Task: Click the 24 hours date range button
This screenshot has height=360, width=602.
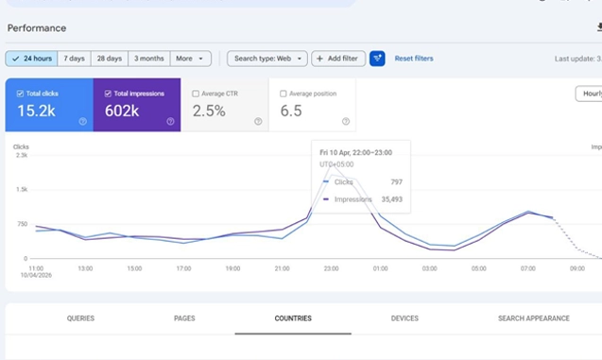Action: [31, 59]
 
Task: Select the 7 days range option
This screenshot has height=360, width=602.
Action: [74, 59]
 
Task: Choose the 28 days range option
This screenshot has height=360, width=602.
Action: [109, 59]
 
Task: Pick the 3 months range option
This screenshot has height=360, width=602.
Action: [148, 59]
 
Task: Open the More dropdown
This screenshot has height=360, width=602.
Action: [190, 59]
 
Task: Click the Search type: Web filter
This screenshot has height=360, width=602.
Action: [267, 59]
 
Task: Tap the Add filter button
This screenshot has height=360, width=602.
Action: [337, 59]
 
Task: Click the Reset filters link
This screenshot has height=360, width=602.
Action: [414, 59]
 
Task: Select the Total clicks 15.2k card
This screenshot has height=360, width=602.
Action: [49, 105]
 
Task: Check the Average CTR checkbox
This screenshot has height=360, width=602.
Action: [196, 94]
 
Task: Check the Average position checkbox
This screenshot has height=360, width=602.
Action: [284, 94]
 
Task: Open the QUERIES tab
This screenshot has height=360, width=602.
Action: [80, 318]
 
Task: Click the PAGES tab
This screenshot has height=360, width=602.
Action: [184, 318]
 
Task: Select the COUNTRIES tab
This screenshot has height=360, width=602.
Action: [293, 318]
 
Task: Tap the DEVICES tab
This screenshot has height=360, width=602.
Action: [404, 318]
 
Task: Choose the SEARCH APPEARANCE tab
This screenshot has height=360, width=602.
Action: [534, 318]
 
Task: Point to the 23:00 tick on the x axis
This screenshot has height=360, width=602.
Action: [330, 268]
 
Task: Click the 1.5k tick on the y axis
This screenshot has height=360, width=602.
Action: [22, 190]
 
